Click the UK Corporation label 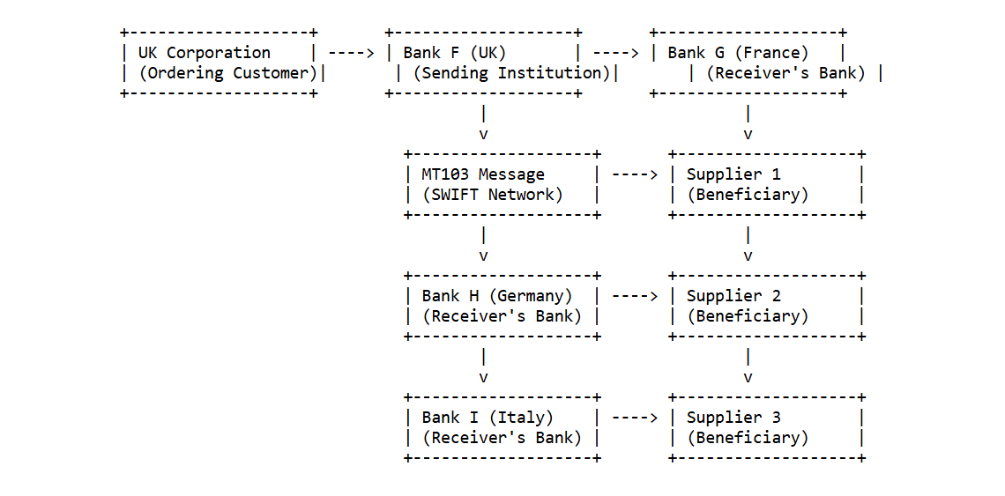pyautogui.click(x=204, y=53)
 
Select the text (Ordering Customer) pyautogui.click(x=227, y=73)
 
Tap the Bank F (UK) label pyautogui.click(x=455, y=53)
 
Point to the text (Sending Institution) pyautogui.click(x=511, y=73)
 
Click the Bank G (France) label pyautogui.click(x=738, y=53)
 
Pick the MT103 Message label pyautogui.click(x=482, y=174)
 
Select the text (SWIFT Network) pyautogui.click(x=492, y=195)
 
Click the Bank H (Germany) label pyautogui.click(x=496, y=296)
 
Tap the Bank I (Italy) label pyautogui.click(x=487, y=418)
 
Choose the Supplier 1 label pyautogui.click(x=733, y=174)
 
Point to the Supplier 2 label pyautogui.click(x=733, y=296)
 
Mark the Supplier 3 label pyautogui.click(x=733, y=418)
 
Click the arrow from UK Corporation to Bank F pyautogui.click(x=351, y=53)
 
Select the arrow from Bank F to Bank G pyautogui.click(x=615, y=53)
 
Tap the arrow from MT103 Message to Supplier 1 pyautogui.click(x=634, y=174)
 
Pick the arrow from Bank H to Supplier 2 pyautogui.click(x=634, y=296)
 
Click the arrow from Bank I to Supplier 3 pyautogui.click(x=634, y=418)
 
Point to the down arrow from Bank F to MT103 pyautogui.click(x=483, y=123)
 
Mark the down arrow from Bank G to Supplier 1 pyautogui.click(x=748, y=123)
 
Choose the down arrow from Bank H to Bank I pyautogui.click(x=483, y=366)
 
